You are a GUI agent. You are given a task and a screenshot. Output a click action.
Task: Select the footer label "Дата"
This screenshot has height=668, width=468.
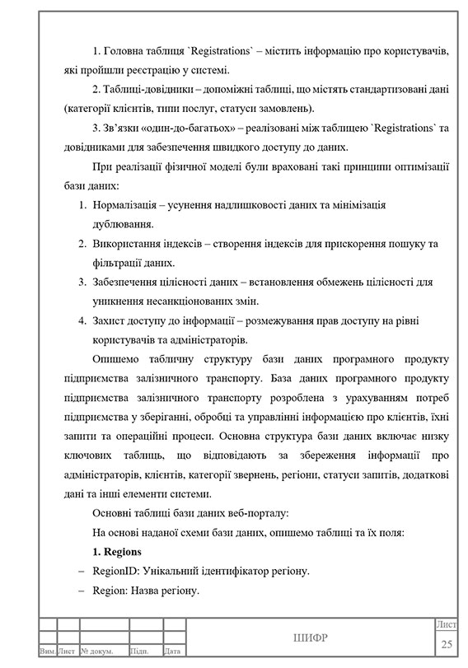tap(172, 652)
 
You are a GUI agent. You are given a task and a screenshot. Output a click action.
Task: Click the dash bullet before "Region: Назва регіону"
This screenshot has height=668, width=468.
tap(81, 591)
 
